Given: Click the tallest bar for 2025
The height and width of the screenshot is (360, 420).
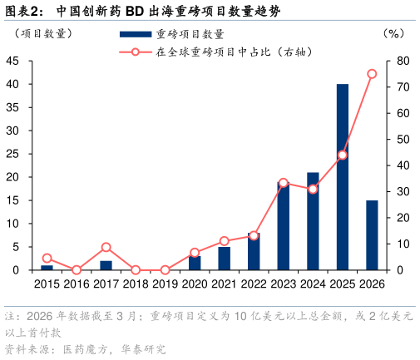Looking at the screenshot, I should (342, 177).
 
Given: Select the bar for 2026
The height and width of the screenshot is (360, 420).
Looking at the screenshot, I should (372, 235).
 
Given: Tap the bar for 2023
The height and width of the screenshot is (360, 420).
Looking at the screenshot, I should (283, 226).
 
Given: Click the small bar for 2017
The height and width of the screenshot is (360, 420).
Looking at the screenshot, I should (106, 265).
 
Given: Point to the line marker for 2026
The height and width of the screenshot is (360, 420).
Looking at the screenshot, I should (372, 74).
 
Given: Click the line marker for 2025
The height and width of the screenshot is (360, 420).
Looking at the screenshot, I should (342, 155).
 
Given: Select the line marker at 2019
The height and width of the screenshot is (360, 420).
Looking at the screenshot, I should (165, 270).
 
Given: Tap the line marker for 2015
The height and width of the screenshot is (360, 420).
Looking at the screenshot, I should (47, 258).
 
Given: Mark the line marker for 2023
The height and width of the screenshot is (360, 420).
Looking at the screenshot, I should (283, 183).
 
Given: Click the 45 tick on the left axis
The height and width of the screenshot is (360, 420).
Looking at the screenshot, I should (12, 61).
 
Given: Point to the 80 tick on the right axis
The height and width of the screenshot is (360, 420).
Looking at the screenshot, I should (402, 61).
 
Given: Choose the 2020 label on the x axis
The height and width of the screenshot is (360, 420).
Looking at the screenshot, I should (195, 284).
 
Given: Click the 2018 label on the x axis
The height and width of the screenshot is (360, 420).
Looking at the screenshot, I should (136, 284).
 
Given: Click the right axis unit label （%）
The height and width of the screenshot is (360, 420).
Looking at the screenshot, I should (393, 34).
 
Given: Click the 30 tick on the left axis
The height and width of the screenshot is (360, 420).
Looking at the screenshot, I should (12, 131).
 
